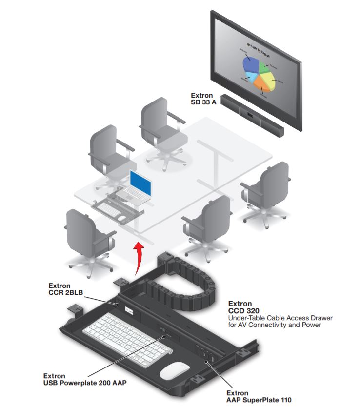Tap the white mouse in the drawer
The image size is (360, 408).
[175, 370]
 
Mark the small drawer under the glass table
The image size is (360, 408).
[117, 208]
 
